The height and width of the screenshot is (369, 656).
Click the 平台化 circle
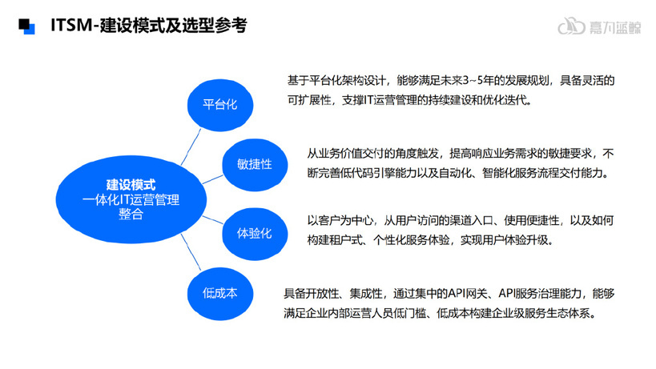point(220,105)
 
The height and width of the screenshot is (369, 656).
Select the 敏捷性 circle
point(255,165)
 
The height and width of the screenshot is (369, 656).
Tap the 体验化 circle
point(255,234)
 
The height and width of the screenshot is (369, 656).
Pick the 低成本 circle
point(220,294)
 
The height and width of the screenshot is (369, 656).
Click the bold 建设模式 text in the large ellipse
point(131,185)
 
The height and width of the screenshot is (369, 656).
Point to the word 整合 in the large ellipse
point(131,214)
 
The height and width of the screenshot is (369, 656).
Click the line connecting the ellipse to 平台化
point(191,146)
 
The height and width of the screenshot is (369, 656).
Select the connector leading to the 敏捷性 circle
point(212,179)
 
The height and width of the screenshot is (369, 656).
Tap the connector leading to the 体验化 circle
point(212,220)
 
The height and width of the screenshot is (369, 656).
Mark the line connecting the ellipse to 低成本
point(191,252)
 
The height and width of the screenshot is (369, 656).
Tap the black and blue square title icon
point(26,26)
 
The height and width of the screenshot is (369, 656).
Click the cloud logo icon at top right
point(571,26)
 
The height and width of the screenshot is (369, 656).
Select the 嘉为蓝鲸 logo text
point(615,27)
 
